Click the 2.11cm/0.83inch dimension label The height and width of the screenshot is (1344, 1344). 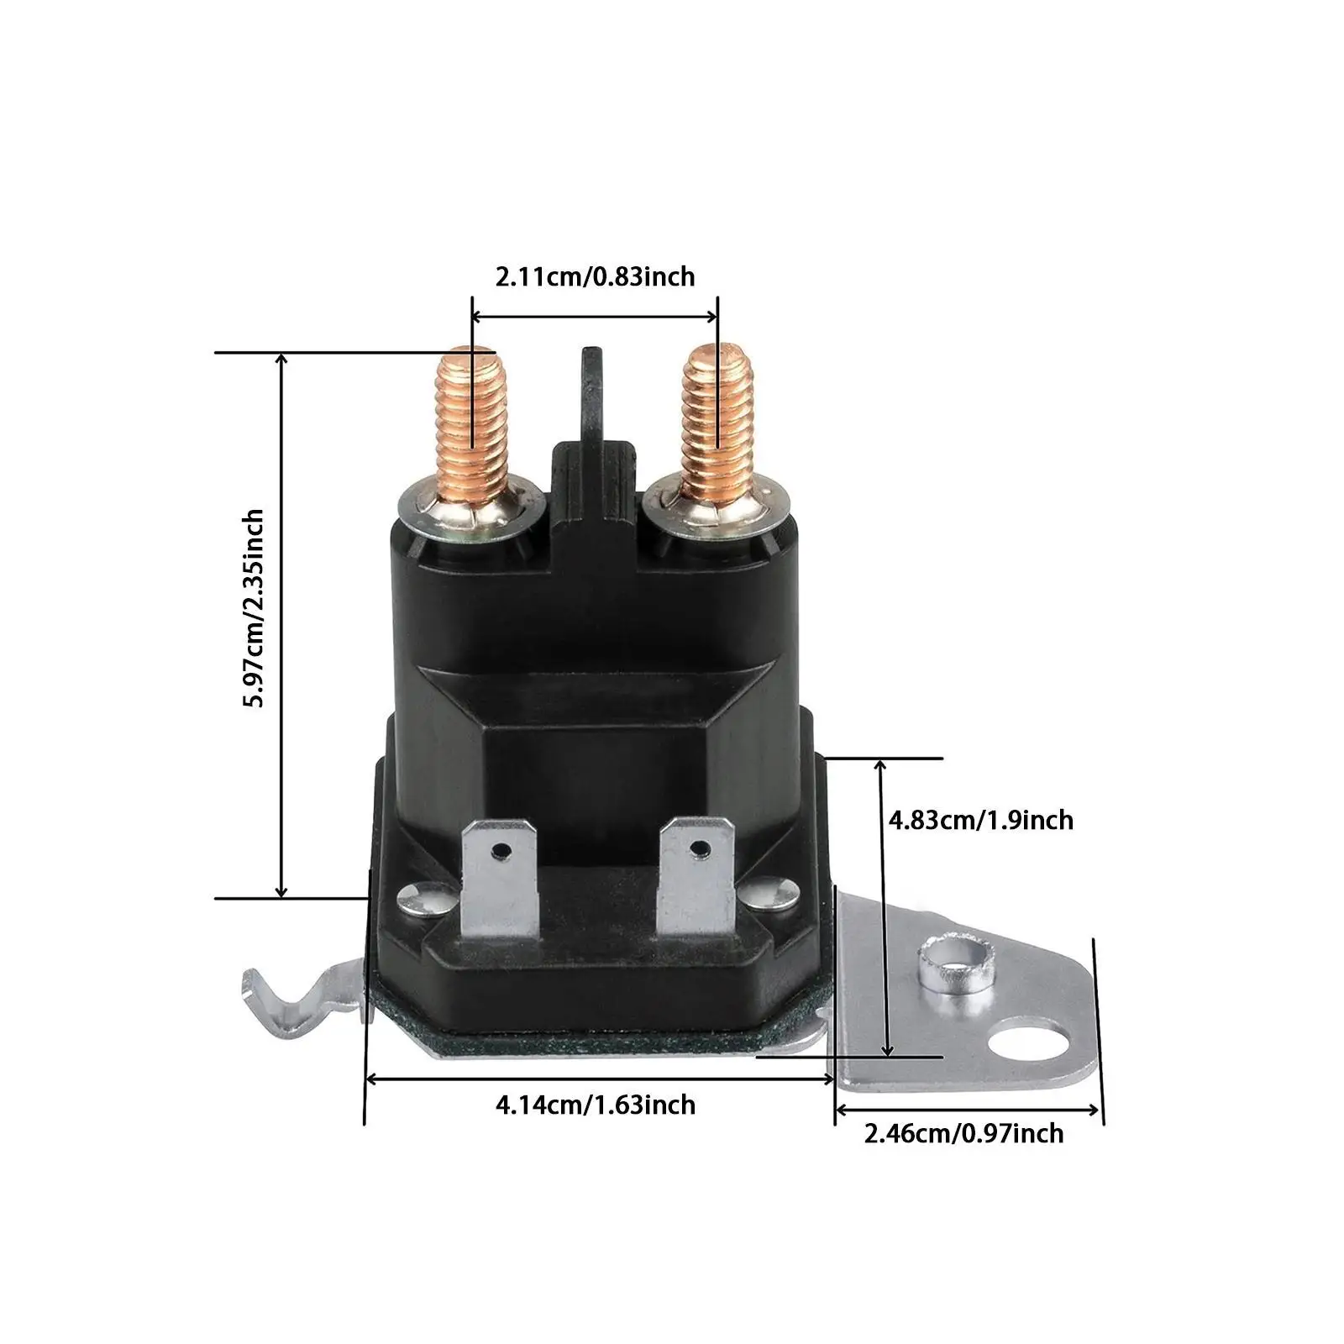pyautogui.click(x=595, y=276)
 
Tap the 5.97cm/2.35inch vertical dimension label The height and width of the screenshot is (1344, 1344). pyautogui.click(x=252, y=608)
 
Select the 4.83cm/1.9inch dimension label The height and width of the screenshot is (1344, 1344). pyautogui.click(x=981, y=819)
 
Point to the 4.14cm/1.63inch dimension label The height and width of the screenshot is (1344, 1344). pyautogui.click(x=596, y=1104)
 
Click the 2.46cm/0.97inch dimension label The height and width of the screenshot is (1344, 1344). pyautogui.click(x=964, y=1133)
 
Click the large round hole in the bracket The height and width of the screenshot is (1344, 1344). pyautogui.click(x=1025, y=1046)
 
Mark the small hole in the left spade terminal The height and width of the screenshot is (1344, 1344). pyautogui.click(x=501, y=852)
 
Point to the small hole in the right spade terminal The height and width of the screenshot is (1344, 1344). pyautogui.click(x=696, y=848)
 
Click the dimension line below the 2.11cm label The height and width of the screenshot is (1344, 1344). pyautogui.click(x=595, y=317)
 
